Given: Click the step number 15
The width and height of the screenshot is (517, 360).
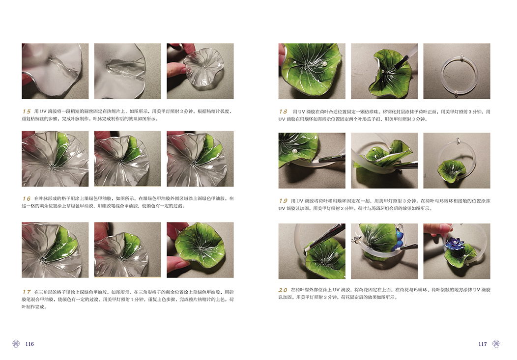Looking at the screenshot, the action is pos(27,111).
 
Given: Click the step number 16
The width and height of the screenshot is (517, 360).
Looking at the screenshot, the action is pos(27,198).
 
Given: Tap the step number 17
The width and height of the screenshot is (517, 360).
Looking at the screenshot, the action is pos(27,292).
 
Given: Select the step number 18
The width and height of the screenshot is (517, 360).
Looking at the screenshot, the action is pos(283,111).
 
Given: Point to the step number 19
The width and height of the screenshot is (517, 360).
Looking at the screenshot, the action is pos(283,200).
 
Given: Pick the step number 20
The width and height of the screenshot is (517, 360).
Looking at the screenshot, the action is pos(283,290).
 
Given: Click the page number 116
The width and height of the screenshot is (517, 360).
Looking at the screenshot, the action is pos(29,344).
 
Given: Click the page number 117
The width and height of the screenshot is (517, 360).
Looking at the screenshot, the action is pos(483,344).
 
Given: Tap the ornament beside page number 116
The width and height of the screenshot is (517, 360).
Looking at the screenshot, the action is pos(16,343).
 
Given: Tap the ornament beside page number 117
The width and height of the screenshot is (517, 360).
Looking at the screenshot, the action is pos(496,343).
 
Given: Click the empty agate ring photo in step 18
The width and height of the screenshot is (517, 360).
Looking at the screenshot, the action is pos(457,71).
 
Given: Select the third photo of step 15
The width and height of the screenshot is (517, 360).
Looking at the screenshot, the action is pos(200,71).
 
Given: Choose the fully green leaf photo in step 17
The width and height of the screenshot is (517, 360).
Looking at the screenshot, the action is pos(200,250).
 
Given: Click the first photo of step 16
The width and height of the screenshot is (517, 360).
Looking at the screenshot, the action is pos(55,159).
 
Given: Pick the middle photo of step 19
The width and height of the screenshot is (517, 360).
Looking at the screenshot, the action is pos(384,161).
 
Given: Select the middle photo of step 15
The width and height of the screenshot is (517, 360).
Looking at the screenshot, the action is pos(128,71).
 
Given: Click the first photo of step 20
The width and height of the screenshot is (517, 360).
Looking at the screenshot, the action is pos(312,251).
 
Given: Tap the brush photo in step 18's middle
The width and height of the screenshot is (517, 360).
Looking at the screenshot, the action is pos(384,71).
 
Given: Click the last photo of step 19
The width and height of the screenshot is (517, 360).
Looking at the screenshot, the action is pos(457,161).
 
